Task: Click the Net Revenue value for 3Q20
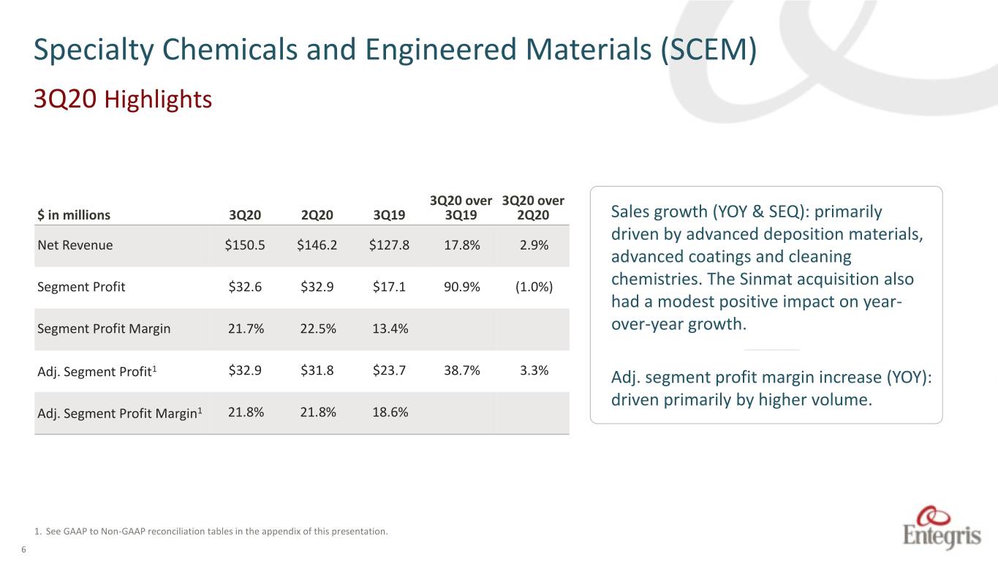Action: [245, 245]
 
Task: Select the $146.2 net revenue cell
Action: [317, 245]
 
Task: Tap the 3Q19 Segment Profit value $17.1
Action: [389, 286]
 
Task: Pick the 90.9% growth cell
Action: [461, 286]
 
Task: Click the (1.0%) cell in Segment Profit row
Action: [534, 286]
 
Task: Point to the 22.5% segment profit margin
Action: [317, 329]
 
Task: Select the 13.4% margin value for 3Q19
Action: [390, 329]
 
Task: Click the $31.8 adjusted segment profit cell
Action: [317, 370]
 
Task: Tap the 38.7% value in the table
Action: [461, 370]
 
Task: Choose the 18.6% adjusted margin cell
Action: [390, 412]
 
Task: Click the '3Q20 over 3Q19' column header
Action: [461, 208]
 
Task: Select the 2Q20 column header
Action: [317, 215]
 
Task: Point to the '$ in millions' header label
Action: [74, 215]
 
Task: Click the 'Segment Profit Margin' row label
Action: [104, 329]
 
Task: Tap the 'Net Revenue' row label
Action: [75, 245]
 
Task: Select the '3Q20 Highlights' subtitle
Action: [123, 99]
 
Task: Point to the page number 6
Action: [23, 550]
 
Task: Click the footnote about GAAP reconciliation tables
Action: [211, 531]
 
